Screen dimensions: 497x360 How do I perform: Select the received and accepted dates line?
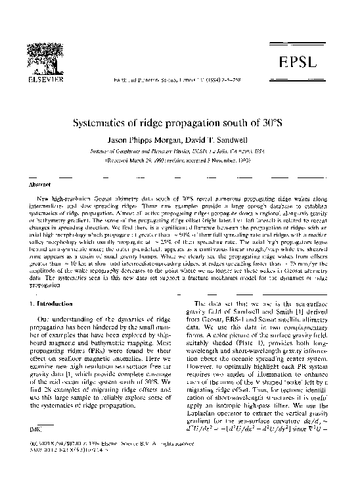tap(181, 159)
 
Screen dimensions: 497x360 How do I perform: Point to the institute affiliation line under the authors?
tap(181, 150)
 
